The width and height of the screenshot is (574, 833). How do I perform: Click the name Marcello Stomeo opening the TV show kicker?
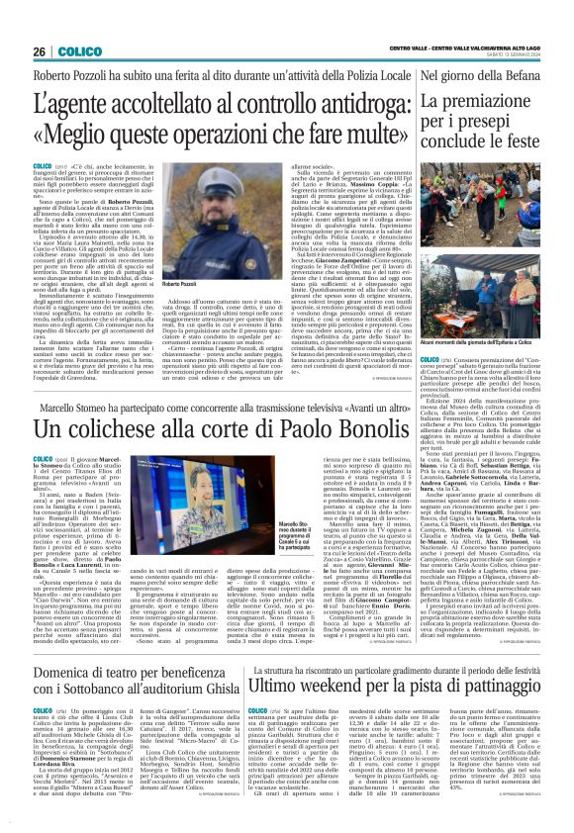pos(73,399)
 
